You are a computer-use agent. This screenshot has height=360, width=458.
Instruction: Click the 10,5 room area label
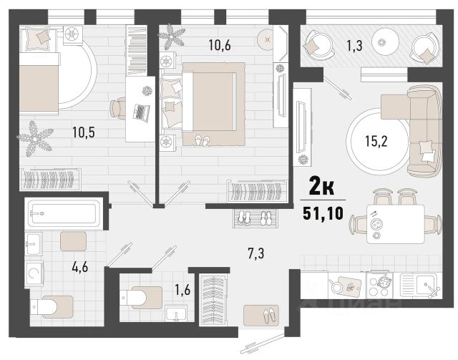tap(84, 132)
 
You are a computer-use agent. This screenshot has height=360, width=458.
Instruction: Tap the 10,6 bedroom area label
tap(220, 45)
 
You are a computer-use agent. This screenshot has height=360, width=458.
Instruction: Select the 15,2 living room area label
tap(376, 142)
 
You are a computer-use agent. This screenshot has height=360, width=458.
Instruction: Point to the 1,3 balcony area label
tap(355, 46)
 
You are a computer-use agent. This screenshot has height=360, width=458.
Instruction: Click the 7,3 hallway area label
tap(256, 253)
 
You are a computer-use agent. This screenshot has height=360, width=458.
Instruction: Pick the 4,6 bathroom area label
tap(80, 267)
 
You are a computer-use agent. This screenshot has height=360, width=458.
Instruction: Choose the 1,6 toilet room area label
tap(182, 290)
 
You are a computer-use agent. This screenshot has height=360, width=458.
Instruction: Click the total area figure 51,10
tap(323, 213)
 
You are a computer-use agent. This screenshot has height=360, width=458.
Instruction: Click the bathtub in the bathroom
tap(64, 213)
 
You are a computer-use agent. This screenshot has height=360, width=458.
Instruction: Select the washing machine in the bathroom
tap(34, 273)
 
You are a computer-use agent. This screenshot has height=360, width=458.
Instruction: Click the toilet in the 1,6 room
tap(141, 298)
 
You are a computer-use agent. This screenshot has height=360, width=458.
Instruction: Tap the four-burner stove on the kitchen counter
tap(379, 285)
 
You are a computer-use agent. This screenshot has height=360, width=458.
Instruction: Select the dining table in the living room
tap(396, 224)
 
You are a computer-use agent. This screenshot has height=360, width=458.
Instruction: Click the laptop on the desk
tap(142, 112)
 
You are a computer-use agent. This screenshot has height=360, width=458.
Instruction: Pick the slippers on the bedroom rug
tap(202, 140)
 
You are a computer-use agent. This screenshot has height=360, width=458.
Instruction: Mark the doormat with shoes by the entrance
tap(260, 316)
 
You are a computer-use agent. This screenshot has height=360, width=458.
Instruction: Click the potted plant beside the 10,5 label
tap(35, 139)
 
